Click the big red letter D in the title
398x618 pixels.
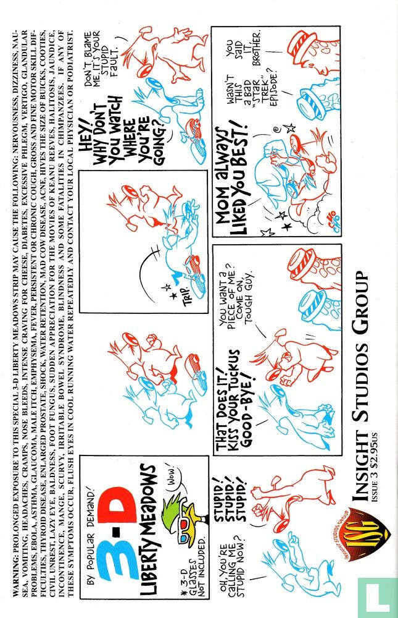click(x=118, y=503)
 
